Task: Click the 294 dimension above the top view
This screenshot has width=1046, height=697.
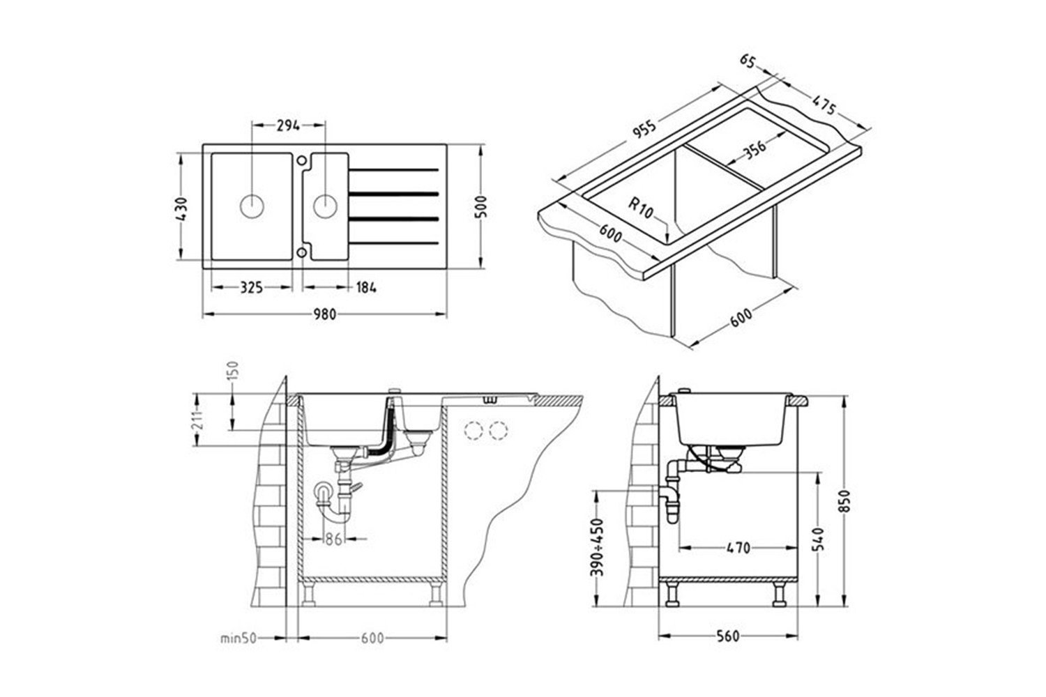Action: (288, 125)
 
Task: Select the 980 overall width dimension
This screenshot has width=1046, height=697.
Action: (324, 314)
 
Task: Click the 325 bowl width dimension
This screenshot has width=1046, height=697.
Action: (252, 287)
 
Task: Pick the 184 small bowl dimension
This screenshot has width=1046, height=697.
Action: (366, 287)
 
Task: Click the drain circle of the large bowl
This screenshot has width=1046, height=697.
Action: (252, 206)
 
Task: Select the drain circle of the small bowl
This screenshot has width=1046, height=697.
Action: (326, 206)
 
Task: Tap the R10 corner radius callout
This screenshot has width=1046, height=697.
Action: (640, 207)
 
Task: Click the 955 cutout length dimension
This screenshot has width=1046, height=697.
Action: (644, 129)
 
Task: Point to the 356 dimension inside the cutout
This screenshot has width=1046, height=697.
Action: (755, 148)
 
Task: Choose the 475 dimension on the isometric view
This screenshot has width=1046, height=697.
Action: (824, 105)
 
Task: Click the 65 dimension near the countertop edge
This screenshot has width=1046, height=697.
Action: (748, 61)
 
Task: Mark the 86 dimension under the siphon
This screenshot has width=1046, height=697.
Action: (334, 539)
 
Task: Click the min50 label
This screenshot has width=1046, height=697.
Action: (238, 638)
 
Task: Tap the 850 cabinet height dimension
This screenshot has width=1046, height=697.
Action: (845, 501)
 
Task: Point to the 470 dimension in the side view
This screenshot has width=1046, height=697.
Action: (738, 548)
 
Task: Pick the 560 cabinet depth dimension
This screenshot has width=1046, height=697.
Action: (728, 636)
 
